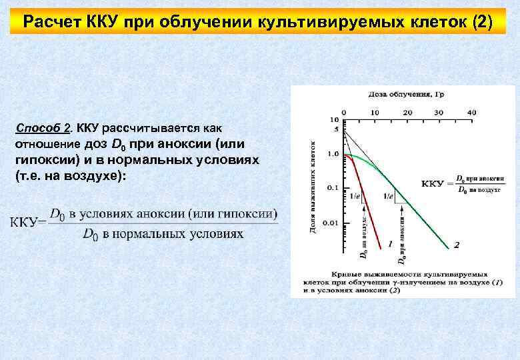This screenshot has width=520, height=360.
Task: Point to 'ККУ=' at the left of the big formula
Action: (28, 223)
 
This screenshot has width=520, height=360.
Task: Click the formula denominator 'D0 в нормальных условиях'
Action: (163, 234)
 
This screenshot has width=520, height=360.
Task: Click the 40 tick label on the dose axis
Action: (472, 112)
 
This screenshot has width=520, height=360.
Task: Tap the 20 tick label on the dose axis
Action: (408, 112)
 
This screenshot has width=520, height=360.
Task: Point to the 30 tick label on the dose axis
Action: (439, 112)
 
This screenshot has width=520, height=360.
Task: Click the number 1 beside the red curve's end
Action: (389, 245)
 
